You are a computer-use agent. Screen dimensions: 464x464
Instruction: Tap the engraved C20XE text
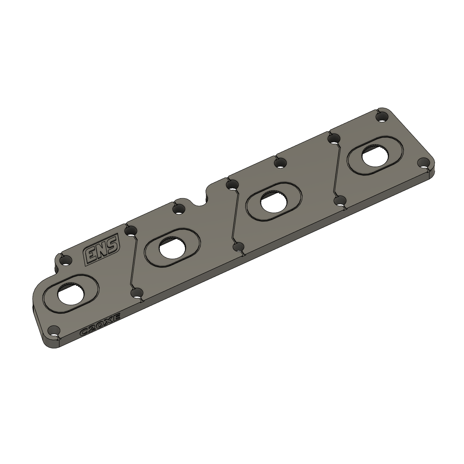[100, 325]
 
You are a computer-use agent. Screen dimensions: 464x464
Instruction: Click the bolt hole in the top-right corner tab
[382, 117]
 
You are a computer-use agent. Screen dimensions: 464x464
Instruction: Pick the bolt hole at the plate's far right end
[423, 163]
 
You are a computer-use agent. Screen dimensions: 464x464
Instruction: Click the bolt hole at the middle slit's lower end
[239, 247]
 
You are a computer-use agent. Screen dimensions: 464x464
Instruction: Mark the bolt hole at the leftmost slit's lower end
[137, 293]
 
